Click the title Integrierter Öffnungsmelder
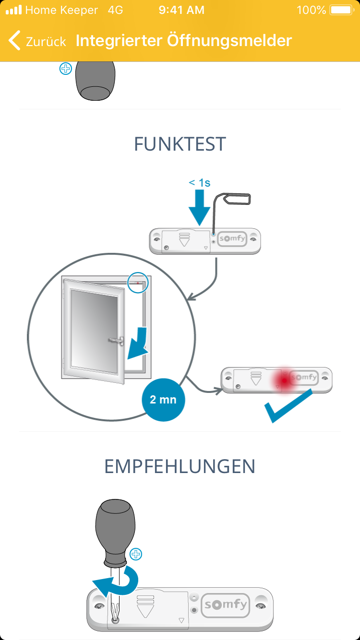point(183,40)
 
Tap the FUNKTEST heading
point(180,144)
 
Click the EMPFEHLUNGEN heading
point(180,466)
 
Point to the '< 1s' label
point(200,182)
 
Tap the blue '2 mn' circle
point(163,399)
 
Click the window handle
point(117,340)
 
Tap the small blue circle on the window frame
point(139,283)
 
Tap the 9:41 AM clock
point(181,10)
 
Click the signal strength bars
point(13,10)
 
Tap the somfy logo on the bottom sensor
point(226,604)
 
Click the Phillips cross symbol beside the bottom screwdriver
point(136,555)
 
